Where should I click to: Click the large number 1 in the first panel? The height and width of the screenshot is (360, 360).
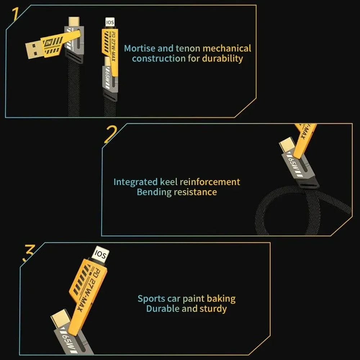pos(15,14)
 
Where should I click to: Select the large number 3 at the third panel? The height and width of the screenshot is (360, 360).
pos(29,253)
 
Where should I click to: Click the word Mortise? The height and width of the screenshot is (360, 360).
pos(139,48)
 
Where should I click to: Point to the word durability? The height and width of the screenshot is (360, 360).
pos(222,59)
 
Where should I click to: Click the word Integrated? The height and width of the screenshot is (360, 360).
pos(135,182)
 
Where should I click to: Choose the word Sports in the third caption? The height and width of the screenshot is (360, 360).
pos(151,298)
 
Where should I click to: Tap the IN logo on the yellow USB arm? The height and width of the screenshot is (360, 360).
pos(48,43)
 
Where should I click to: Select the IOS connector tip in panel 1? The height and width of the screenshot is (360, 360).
pos(109,23)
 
